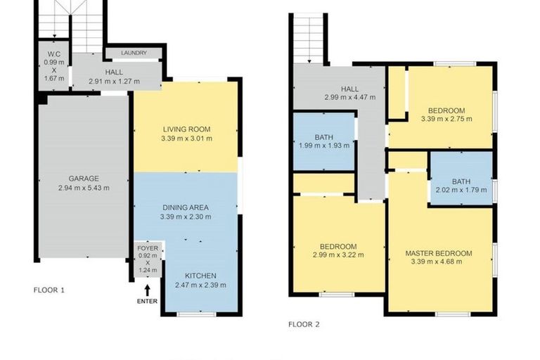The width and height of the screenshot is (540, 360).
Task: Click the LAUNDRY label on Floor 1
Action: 133,53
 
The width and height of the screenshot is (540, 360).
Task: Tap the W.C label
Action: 53,53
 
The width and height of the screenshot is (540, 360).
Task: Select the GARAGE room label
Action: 83,178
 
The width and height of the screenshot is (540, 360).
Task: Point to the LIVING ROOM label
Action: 186,129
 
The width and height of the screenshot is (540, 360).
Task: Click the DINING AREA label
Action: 186,207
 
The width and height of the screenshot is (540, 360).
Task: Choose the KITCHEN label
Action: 200,275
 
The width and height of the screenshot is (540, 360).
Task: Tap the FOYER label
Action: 148,247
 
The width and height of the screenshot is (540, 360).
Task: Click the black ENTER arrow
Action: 148,289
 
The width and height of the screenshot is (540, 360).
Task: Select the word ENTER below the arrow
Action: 148,302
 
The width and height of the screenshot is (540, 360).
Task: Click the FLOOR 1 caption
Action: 49,290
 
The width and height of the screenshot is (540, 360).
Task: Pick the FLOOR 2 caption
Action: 304,325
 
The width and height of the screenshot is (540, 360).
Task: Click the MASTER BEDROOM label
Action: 438,253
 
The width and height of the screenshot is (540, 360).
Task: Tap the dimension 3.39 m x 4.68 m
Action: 438,262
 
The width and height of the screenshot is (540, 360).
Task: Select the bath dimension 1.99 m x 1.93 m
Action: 323,146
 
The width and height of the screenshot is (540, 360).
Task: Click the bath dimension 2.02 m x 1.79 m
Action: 461,189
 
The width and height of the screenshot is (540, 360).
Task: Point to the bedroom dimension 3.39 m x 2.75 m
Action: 446,120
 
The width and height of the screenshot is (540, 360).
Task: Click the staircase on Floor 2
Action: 307,39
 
